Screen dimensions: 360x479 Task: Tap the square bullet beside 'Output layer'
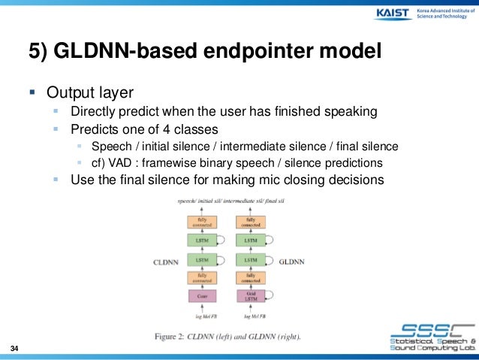[32, 94]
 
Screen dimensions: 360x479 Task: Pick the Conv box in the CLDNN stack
[202, 297]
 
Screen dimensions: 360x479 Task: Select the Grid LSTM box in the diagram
[250, 297]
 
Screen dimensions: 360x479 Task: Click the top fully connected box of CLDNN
[202, 222]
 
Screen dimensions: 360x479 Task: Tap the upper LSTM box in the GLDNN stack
[250, 241]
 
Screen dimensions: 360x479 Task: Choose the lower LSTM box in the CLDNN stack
[202, 259]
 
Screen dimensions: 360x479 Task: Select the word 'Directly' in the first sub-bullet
[95, 112]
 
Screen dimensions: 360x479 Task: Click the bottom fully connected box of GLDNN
[250, 277]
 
